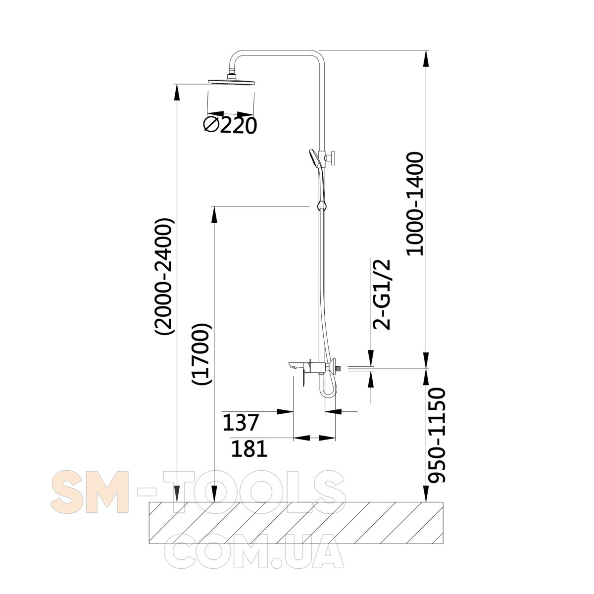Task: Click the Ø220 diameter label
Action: [x=230, y=125]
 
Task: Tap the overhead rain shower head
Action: [x=232, y=81]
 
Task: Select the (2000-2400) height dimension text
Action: [x=165, y=277]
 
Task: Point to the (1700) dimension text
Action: [x=202, y=354]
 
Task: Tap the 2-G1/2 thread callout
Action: [x=382, y=295]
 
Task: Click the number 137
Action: [x=240, y=422]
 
